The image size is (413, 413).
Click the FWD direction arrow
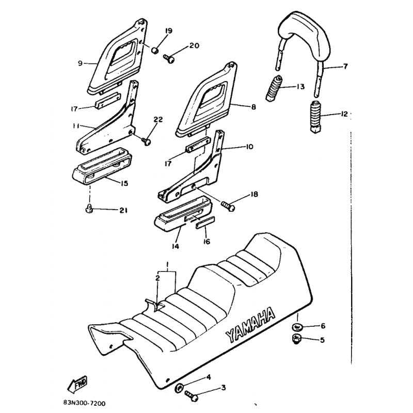click(77, 384)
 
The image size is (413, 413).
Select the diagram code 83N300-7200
click(84, 404)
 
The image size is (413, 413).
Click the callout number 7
click(345, 66)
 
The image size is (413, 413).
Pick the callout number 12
click(344, 114)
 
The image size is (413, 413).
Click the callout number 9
click(80, 63)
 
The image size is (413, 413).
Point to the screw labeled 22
click(146, 141)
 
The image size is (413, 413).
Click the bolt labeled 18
click(228, 205)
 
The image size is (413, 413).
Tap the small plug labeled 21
click(88, 210)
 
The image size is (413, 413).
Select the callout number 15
click(124, 183)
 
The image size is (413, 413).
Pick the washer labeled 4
click(179, 388)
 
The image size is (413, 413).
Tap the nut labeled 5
click(297, 339)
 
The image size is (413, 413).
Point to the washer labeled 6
click(297, 327)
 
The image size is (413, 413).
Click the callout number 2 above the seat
click(157, 278)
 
